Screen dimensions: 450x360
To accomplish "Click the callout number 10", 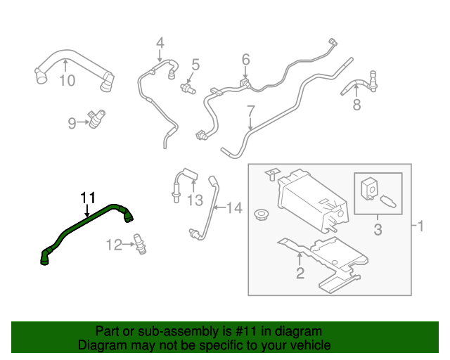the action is [x=67, y=80].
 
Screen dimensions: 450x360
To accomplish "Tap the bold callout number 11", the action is [x=87, y=198].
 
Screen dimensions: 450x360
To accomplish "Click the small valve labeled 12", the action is [x=140, y=244].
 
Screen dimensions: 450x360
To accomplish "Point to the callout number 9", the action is [x=72, y=123].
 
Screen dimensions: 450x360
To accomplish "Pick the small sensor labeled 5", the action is [x=188, y=88].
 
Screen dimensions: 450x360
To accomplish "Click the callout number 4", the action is [x=160, y=43].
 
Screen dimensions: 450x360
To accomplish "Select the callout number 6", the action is [x=245, y=60].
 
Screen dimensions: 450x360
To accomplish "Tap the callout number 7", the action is [x=251, y=111].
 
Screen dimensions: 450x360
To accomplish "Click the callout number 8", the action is [x=356, y=105].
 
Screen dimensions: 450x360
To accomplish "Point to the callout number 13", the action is [x=195, y=200].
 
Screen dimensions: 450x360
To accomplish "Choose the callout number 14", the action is [x=234, y=207].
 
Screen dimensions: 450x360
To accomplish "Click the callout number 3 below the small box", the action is [x=378, y=229].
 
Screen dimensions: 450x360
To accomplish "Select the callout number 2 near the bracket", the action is [x=300, y=273].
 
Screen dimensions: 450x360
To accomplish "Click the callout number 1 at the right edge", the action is [x=420, y=226].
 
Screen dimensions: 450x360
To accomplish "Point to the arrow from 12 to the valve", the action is [x=128, y=245].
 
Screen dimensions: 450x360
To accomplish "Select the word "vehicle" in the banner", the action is [x=314, y=345].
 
